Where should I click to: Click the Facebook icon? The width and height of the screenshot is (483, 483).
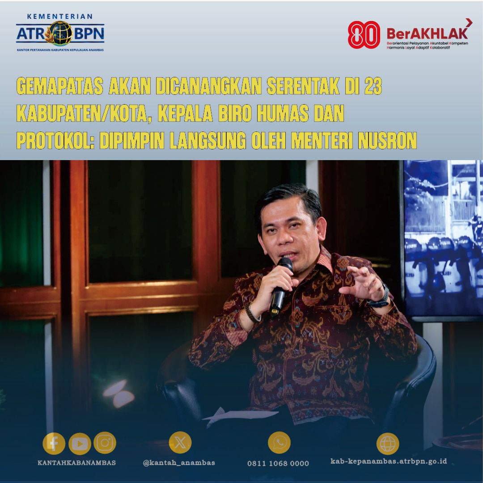click(54, 444)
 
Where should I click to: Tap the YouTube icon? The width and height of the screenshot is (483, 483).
click(80, 444)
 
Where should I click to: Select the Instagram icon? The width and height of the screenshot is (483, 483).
click(105, 443)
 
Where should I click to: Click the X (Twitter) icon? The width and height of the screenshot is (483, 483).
click(180, 443)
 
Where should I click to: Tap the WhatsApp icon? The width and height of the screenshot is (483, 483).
click(279, 443)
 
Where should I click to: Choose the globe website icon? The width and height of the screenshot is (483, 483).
click(387, 443)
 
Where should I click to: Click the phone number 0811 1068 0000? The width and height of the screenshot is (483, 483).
click(278, 463)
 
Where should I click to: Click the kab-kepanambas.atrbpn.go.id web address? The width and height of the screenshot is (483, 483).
click(388, 462)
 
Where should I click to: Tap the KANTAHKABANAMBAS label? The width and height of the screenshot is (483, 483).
click(76, 463)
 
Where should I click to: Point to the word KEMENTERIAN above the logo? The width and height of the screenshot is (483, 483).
click(60, 16)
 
